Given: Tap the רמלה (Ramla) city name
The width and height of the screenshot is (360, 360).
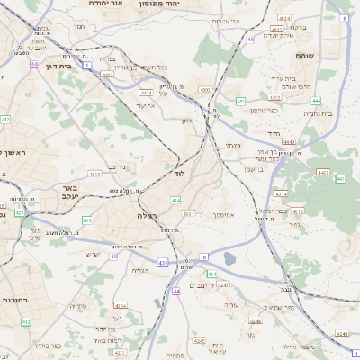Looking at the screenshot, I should (148, 216).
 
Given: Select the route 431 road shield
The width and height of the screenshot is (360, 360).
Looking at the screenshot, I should (163, 262).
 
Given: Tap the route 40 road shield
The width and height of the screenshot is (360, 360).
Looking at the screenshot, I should (113, 256).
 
